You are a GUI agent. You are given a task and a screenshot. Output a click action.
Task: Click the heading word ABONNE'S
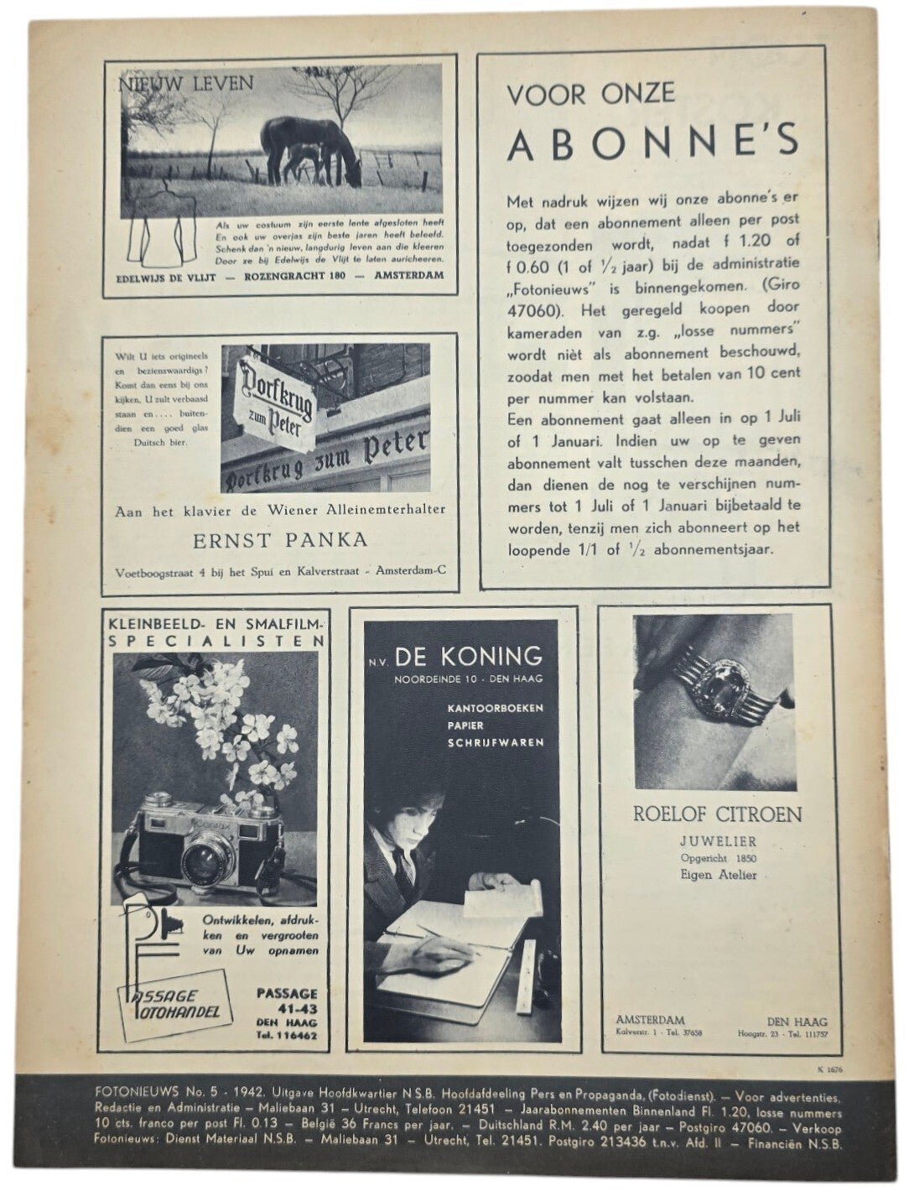pos(652,143)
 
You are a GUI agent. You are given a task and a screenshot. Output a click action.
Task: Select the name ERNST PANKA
pos(281,539)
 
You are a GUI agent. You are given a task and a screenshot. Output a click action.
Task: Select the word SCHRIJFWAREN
pos(495,742)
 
